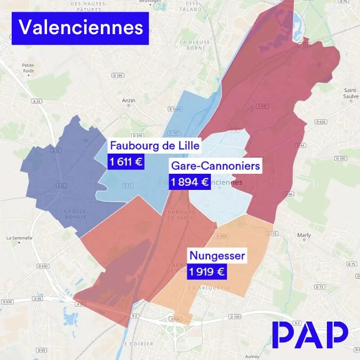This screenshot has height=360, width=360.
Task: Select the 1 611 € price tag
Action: click(x=126, y=162)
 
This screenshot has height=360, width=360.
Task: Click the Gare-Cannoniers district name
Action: click(x=215, y=166)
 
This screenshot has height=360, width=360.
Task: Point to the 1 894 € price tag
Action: click(x=189, y=182)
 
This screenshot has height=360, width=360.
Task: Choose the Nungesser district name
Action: click(x=217, y=256)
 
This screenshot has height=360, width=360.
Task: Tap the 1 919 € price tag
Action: click(x=206, y=272)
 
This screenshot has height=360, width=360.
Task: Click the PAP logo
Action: click(x=309, y=334)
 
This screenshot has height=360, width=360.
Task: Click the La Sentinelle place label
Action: click(x=19, y=238)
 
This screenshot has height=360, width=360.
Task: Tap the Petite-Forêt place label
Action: click(x=28, y=68)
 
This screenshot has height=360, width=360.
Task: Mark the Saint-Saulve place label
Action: click(x=350, y=93)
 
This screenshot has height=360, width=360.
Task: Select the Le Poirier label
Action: click(x=134, y=343)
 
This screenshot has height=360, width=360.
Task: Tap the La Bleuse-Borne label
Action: click(x=196, y=44)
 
